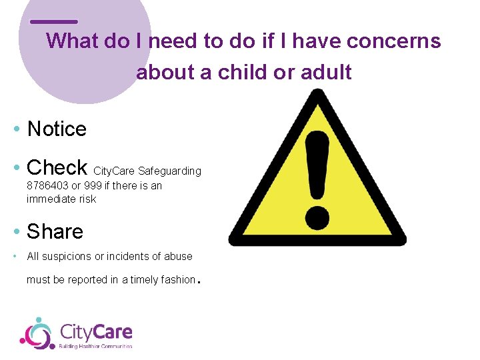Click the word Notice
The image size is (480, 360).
[57, 129]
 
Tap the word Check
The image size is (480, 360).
[57, 167]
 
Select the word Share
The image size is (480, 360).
[55, 231]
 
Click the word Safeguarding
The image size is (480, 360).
[169, 171]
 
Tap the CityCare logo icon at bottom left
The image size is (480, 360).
[36, 333]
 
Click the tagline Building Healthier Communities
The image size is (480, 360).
[96, 346]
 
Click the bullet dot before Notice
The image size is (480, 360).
[16, 129]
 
